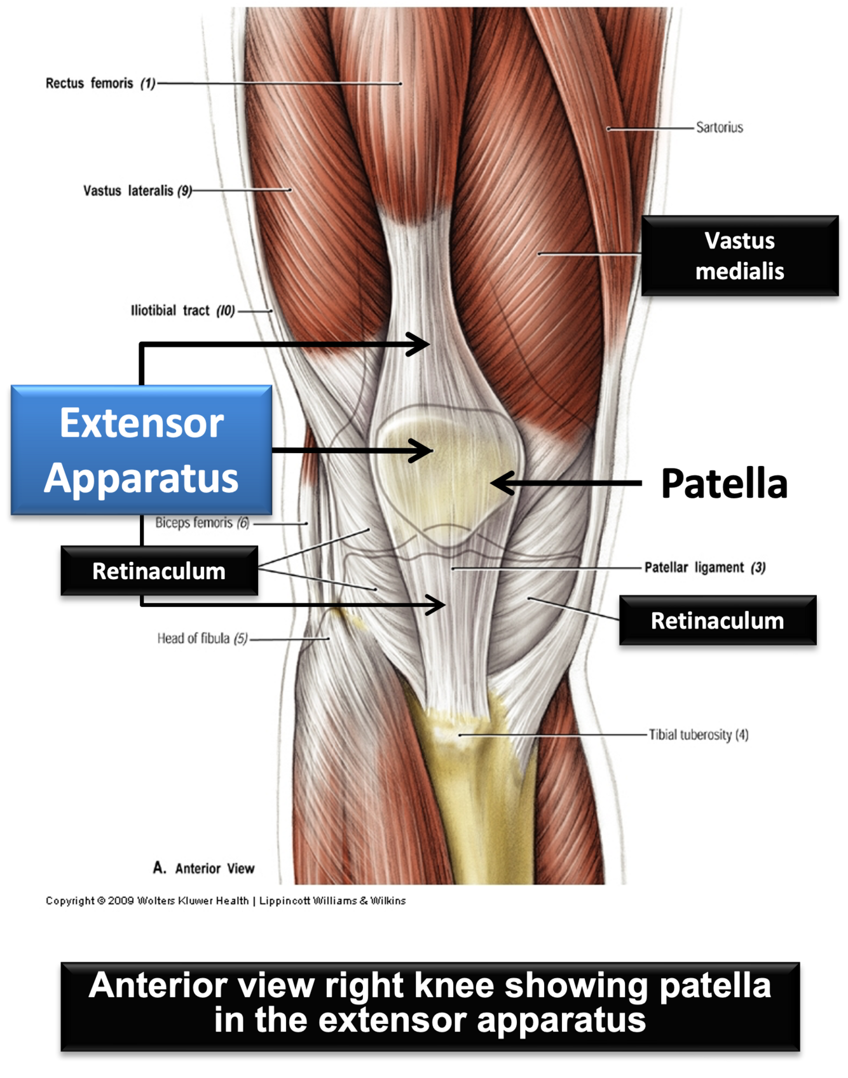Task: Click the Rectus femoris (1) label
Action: pos(100,83)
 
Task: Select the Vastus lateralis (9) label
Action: pos(137,191)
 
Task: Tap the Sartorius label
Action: pos(719,127)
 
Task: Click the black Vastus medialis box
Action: pos(739,256)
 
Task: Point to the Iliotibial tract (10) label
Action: pos(182,311)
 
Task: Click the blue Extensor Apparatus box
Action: pos(141,449)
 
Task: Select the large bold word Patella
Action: pos(724,484)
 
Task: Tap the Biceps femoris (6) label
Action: pos(202,523)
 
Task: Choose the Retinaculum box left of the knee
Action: pos(159,571)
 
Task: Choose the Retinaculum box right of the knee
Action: pos(717,620)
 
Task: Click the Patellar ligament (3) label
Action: pos(704,567)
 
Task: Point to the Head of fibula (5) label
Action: pos(202,638)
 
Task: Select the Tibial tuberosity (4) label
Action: pos(698,735)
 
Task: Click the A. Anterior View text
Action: pos(203,868)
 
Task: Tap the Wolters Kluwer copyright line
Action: pos(225,901)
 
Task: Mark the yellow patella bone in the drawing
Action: pos(445,470)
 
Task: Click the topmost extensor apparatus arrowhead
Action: pos(420,345)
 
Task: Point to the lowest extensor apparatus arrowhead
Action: pos(435,604)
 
